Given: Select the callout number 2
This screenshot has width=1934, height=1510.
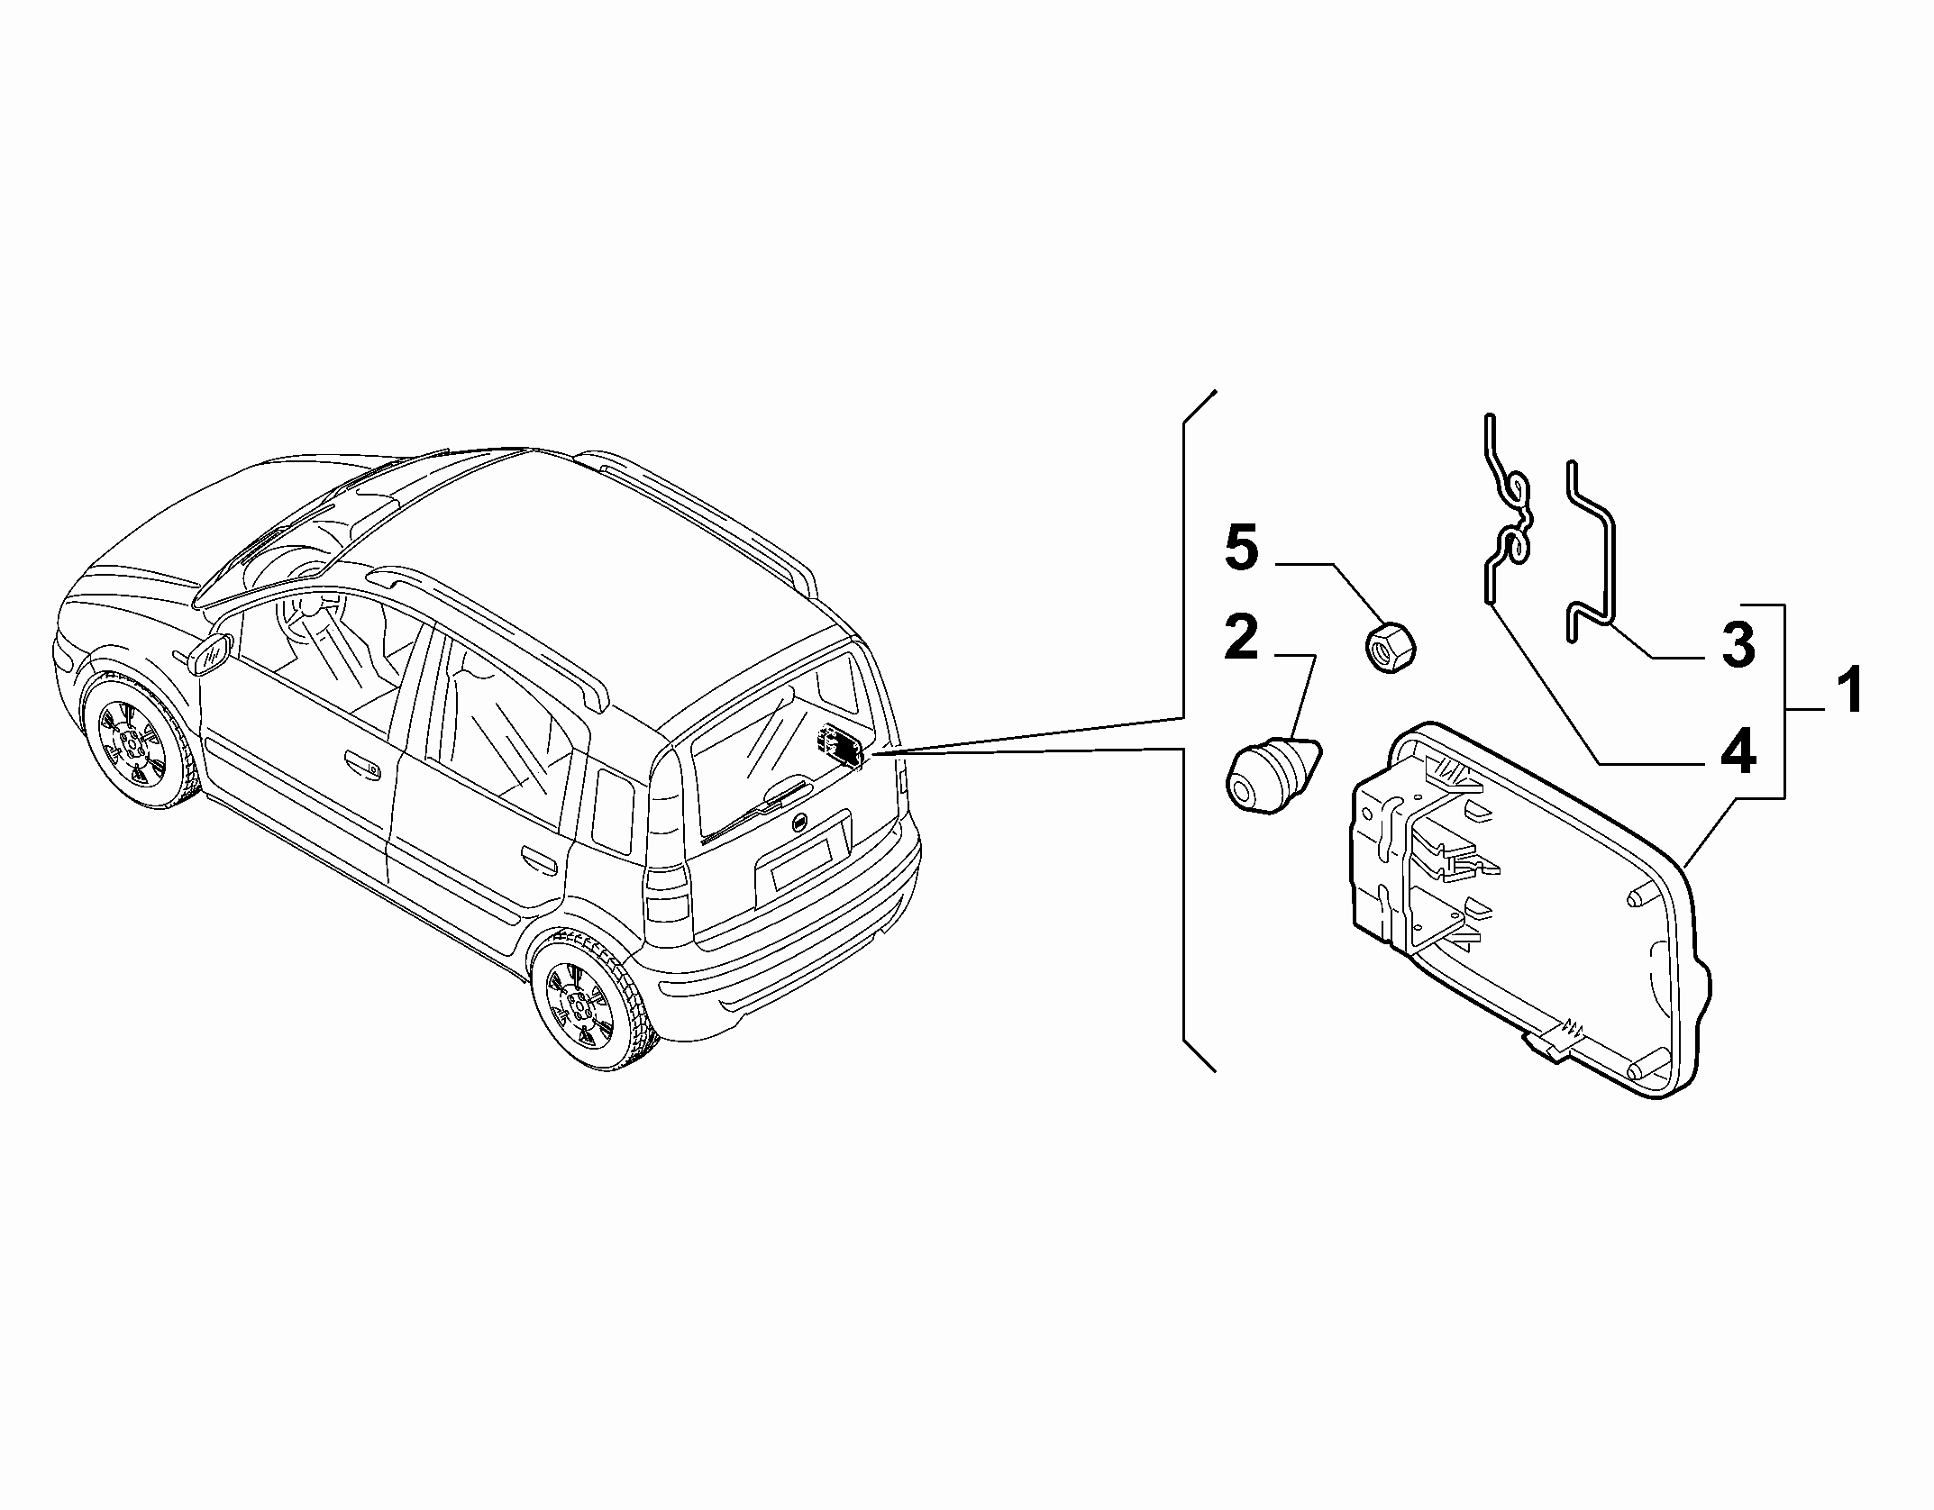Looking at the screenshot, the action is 1241,638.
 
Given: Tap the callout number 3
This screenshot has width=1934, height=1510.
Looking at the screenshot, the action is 1737,646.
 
